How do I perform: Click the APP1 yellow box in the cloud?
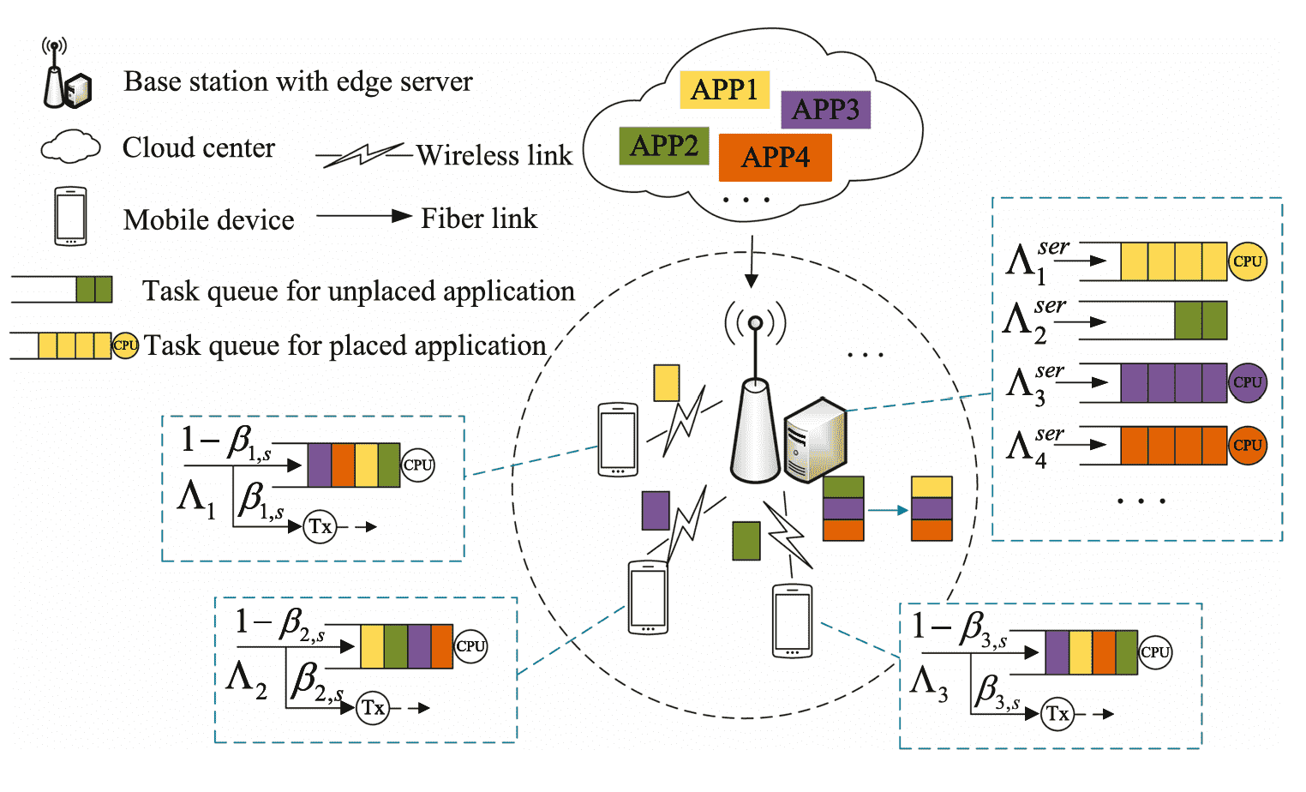(724, 90)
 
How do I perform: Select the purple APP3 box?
(825, 110)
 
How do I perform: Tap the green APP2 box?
(664, 146)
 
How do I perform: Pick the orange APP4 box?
(775, 158)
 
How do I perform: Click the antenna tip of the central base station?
(755, 323)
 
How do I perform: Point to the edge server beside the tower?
(815, 440)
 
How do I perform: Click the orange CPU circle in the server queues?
(1247, 446)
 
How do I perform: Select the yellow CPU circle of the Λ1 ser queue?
(1247, 261)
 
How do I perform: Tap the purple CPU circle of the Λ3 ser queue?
(1247, 382)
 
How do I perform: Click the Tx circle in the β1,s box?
(321, 526)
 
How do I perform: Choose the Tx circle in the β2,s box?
(373, 708)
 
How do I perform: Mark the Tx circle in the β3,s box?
(1057, 714)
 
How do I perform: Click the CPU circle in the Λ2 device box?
(470, 646)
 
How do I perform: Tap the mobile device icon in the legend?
(70, 217)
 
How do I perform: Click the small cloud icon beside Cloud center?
(70, 147)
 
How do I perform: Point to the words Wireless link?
(494, 156)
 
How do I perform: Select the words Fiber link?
(479, 219)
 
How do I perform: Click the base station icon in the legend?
(65, 77)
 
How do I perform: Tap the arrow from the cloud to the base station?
(752, 261)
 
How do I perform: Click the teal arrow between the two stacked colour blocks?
(888, 510)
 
